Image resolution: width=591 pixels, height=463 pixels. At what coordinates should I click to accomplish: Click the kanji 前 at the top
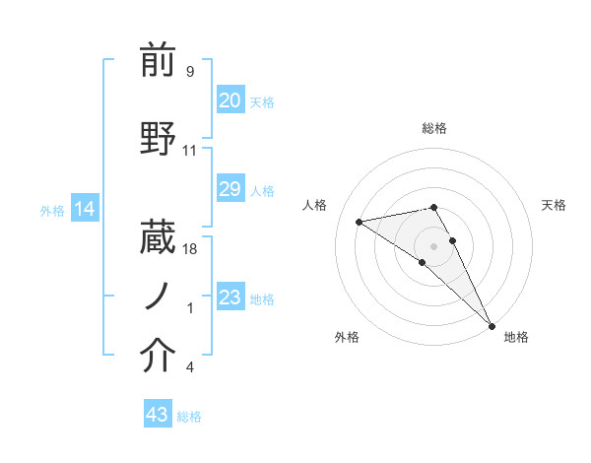coord(159,61)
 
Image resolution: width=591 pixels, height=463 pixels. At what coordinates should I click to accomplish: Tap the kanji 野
coord(159,138)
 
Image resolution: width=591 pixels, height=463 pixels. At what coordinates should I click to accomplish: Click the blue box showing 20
coord(230,100)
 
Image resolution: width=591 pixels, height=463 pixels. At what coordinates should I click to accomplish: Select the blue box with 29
coord(230,189)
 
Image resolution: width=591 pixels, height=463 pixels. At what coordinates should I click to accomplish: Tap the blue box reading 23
coord(230,298)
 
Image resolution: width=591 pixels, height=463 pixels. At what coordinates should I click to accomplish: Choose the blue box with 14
coord(85,209)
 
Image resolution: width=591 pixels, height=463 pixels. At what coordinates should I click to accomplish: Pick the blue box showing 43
coord(158,415)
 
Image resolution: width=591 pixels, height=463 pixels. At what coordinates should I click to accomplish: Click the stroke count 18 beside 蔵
coord(190,249)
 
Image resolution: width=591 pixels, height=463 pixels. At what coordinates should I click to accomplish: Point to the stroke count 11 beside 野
coord(190,151)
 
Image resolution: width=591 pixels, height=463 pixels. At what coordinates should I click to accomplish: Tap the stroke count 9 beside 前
coord(189,72)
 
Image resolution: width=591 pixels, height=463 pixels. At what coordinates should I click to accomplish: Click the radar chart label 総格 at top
coord(434,128)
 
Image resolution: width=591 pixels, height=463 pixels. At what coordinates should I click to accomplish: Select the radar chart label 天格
coord(554,205)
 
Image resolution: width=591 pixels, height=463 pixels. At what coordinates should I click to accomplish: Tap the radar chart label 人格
coord(315,205)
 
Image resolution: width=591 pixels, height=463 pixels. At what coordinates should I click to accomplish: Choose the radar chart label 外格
coord(346,337)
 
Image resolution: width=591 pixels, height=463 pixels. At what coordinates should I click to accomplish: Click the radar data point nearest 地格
coord(492,325)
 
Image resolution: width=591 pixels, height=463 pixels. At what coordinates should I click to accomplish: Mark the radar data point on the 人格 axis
coord(360,222)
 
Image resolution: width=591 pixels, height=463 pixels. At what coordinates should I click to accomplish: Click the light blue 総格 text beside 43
coord(189,417)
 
